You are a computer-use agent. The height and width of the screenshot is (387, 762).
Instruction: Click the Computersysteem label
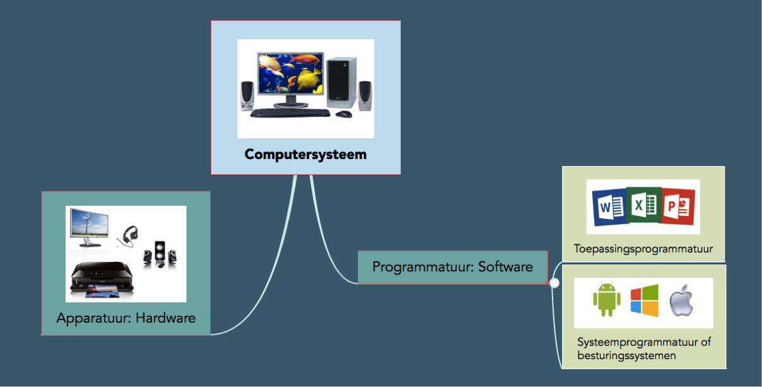(x=305, y=155)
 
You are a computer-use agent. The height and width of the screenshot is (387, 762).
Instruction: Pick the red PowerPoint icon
(x=678, y=206)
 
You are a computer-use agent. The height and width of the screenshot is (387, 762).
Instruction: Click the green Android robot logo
(x=606, y=300)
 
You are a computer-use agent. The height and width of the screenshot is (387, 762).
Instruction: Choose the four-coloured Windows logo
(x=644, y=301)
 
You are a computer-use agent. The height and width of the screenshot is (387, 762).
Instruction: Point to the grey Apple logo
(x=681, y=301)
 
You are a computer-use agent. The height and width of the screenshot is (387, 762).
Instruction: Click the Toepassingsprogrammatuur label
(x=643, y=249)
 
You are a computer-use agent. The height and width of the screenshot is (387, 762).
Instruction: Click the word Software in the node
(x=505, y=266)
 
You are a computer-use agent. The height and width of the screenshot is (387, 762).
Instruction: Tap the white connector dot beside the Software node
(x=554, y=283)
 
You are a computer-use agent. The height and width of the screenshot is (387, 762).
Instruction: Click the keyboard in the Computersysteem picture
(x=290, y=113)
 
